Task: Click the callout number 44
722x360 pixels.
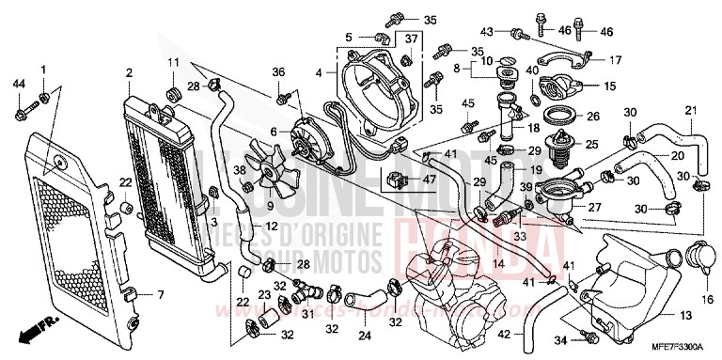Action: (x=20, y=84)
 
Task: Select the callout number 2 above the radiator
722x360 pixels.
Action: (x=126, y=72)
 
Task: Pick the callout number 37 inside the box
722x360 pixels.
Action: (x=411, y=38)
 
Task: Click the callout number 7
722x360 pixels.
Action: (x=160, y=295)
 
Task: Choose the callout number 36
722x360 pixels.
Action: (x=278, y=72)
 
